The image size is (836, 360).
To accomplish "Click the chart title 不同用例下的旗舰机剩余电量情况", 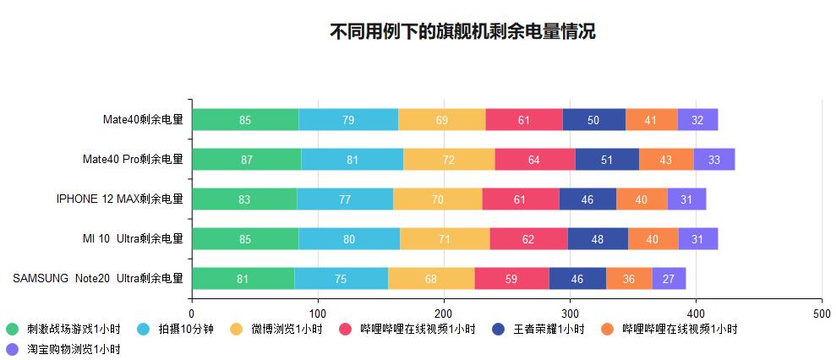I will (462, 32).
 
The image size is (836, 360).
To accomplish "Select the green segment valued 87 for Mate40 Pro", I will (246, 160).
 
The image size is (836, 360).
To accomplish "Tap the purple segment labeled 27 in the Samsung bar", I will (669, 279).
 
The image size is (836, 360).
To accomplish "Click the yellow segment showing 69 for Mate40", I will (441, 120).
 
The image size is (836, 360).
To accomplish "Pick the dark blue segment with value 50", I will (593, 120).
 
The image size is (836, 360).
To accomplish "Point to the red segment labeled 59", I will (511, 279).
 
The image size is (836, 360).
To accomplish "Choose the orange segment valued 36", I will (628, 279).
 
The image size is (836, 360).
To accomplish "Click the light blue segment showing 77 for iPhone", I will (345, 199).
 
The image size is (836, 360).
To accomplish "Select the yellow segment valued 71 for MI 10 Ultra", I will (445, 239).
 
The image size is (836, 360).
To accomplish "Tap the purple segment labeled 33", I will (714, 160).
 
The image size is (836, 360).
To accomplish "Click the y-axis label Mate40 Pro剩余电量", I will (133, 160).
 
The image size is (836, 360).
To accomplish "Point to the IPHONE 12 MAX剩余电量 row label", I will (119, 199).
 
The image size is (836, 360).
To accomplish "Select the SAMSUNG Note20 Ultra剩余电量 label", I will (97, 279).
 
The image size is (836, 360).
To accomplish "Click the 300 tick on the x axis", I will (570, 314).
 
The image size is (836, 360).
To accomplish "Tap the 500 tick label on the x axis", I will (822, 314).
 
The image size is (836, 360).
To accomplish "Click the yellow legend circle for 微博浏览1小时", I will (236, 330).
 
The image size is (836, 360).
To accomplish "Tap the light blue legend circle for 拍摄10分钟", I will (144, 330).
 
